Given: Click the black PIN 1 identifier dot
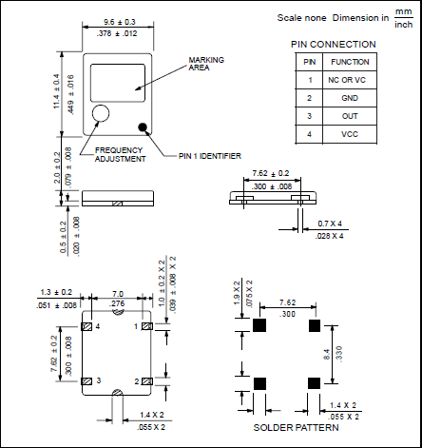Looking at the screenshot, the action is (143, 127).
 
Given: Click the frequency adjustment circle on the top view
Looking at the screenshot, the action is (101, 113).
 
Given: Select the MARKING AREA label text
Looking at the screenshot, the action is (206, 64).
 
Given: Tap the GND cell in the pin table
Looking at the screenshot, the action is (350, 98).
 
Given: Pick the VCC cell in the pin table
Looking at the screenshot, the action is (350, 134).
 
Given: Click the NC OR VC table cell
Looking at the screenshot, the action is (347, 80).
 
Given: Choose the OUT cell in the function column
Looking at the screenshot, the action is (350, 116).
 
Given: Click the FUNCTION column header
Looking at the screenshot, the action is (350, 62).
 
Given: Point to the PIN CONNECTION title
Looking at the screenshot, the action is (334, 45).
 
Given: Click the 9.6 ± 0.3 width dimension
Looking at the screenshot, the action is (120, 22).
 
